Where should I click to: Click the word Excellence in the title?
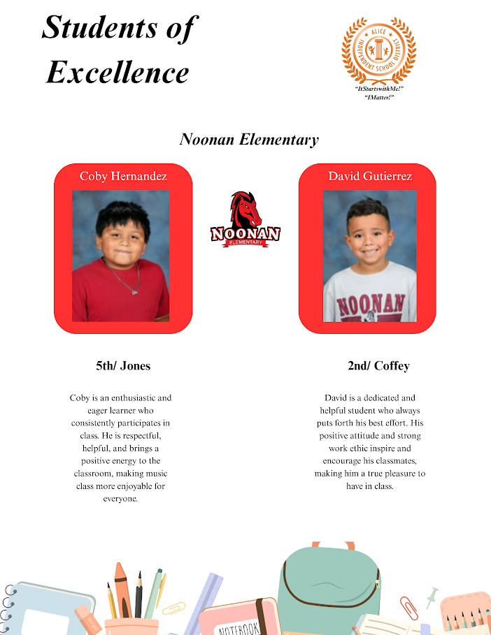pyautogui.click(x=118, y=72)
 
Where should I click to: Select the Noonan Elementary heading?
pyautogui.click(x=249, y=139)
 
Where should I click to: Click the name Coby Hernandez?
pyautogui.click(x=123, y=176)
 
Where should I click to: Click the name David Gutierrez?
pyautogui.click(x=370, y=176)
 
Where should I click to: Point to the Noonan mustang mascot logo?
pyautogui.click(x=245, y=219)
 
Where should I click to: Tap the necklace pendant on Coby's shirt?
pyautogui.click(x=135, y=291)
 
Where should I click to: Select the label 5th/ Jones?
pyautogui.click(x=123, y=365)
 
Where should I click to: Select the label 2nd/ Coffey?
pyautogui.click(x=378, y=365)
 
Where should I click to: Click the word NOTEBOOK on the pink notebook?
pyautogui.click(x=240, y=627)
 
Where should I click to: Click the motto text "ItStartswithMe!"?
pyautogui.click(x=378, y=90)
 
